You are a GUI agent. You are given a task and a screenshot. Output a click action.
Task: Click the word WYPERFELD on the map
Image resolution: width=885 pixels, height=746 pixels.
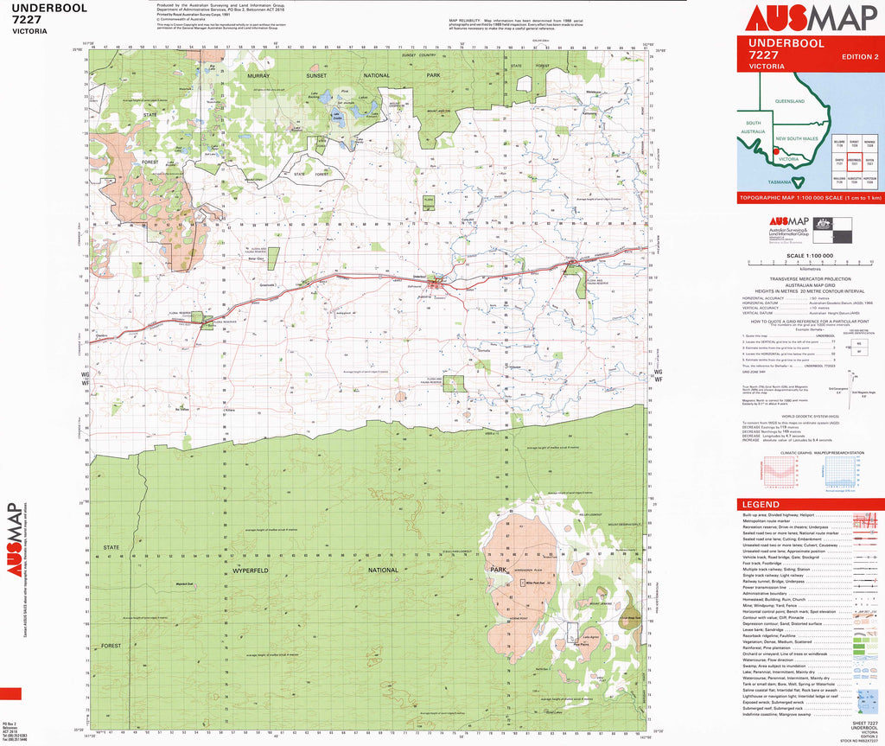252,571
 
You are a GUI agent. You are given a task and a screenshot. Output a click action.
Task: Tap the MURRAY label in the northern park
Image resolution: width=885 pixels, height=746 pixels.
259,76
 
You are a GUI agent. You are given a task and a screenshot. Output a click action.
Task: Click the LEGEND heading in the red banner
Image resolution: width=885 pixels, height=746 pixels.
760,505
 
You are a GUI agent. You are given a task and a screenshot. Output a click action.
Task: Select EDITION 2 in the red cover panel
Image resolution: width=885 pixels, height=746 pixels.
859,57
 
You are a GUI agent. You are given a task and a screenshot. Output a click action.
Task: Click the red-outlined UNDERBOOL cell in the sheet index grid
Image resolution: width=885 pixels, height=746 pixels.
855,161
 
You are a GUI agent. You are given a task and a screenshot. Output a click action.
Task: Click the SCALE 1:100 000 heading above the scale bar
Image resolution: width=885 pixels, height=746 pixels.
808,256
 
